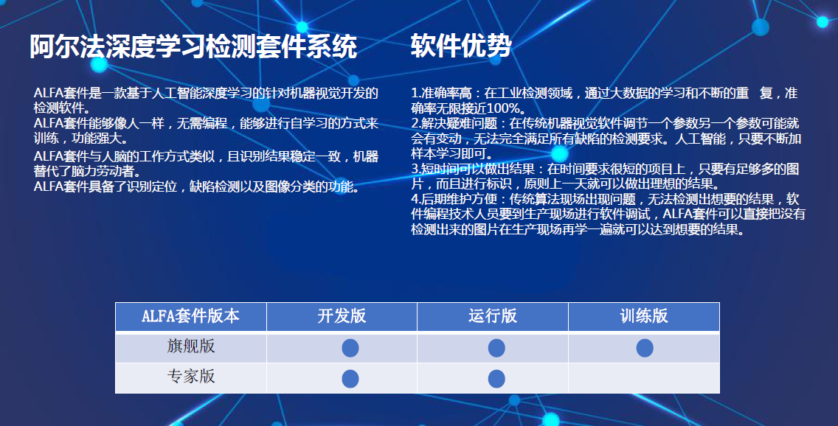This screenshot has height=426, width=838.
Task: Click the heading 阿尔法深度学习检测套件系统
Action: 193,47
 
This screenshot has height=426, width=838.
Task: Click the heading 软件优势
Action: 461,46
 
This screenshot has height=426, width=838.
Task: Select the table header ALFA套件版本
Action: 190,316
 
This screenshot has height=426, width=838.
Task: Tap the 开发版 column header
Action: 342,316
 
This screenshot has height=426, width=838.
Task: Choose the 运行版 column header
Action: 492,316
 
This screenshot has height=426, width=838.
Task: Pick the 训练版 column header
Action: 643,316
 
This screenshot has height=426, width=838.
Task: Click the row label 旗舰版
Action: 190,346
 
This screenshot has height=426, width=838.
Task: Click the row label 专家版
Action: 190,376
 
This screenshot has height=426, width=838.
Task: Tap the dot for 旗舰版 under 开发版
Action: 350,348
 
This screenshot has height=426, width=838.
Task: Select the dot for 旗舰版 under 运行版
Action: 496,348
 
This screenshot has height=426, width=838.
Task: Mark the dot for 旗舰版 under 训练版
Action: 645,348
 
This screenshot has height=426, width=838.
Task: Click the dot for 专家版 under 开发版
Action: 350,379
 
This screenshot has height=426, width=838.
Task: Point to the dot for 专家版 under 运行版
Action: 496,379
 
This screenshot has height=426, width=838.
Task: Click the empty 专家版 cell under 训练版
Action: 643,378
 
